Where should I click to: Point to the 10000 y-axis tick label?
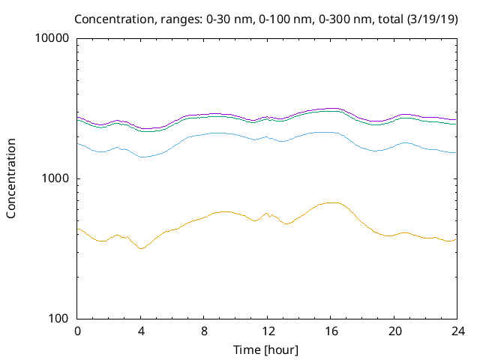coord(52,38)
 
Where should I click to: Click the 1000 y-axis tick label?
coord(55,178)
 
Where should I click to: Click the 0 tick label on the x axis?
coord(77,331)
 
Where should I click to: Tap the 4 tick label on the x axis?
coord(140,331)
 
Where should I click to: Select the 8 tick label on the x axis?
coord(203,331)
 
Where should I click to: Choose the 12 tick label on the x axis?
coord(266,331)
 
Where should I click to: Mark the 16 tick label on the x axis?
coord(329,331)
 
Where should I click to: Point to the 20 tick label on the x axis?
coord(392,331)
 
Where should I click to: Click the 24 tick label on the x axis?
coord(456,331)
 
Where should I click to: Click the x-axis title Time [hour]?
coord(266,349)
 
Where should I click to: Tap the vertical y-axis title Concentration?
coord(11,178)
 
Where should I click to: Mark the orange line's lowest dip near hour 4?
coord(140,248)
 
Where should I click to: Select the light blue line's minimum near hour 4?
coord(142,157)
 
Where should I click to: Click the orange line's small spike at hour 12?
coord(267,213)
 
